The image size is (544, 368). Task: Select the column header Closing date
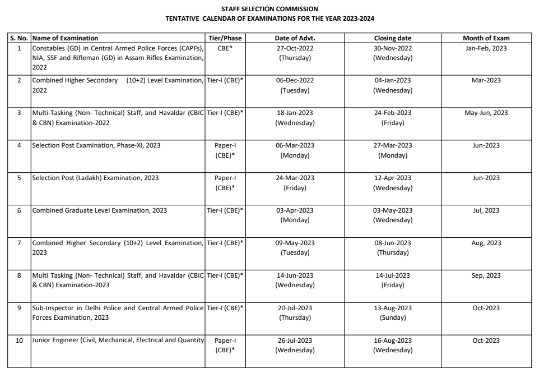pyautogui.click(x=392, y=38)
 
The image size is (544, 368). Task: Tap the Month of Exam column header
pyautogui.click(x=486, y=38)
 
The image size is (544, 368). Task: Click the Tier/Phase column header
pyautogui.click(x=224, y=38)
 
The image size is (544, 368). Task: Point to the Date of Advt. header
pyautogui.click(x=295, y=38)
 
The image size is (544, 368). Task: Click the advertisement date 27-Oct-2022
pyautogui.click(x=295, y=48)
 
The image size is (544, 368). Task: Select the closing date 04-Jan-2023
pyautogui.click(x=392, y=80)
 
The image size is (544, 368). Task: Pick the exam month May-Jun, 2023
pyautogui.click(x=486, y=113)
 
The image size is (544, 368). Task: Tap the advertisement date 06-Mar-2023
pyautogui.click(x=295, y=145)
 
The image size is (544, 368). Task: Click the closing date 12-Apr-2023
pyautogui.click(x=392, y=178)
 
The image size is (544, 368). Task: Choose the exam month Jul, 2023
pyautogui.click(x=486, y=210)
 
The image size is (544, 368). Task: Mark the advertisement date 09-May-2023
pyautogui.click(x=295, y=243)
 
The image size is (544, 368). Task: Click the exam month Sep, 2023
pyautogui.click(x=486, y=275)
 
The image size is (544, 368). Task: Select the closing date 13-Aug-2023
pyautogui.click(x=392, y=308)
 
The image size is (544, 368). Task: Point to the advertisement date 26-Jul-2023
pyautogui.click(x=295, y=341)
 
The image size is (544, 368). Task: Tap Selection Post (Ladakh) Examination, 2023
pyautogui.click(x=95, y=178)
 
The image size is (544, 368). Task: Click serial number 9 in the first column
pyautogui.click(x=19, y=308)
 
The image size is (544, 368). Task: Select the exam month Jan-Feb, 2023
pyautogui.click(x=486, y=48)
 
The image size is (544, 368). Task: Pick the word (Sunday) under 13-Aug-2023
pyautogui.click(x=392, y=318)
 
